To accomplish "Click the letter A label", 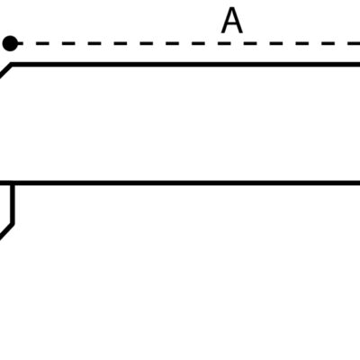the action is (x=232, y=21).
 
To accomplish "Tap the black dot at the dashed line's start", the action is (x=10, y=43).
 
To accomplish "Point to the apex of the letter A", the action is (x=232, y=9).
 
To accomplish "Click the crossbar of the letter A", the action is (x=232, y=25).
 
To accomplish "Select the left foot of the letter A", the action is (x=223, y=31).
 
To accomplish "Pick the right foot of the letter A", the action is (x=241, y=31).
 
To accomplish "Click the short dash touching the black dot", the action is (x=21, y=43).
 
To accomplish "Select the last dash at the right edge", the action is (x=354, y=43).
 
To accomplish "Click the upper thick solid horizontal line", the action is (x=185, y=64).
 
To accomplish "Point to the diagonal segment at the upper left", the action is (x=5, y=70).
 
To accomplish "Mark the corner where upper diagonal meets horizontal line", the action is (x=12, y=64).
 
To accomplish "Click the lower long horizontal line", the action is (x=180, y=183).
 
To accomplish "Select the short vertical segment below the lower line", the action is (x=12, y=204).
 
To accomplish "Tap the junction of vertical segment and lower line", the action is (x=12, y=183).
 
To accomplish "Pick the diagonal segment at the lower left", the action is (x=6, y=231).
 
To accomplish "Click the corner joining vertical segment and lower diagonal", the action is (x=12, y=224).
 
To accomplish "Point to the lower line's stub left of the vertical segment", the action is (x=5, y=183).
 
